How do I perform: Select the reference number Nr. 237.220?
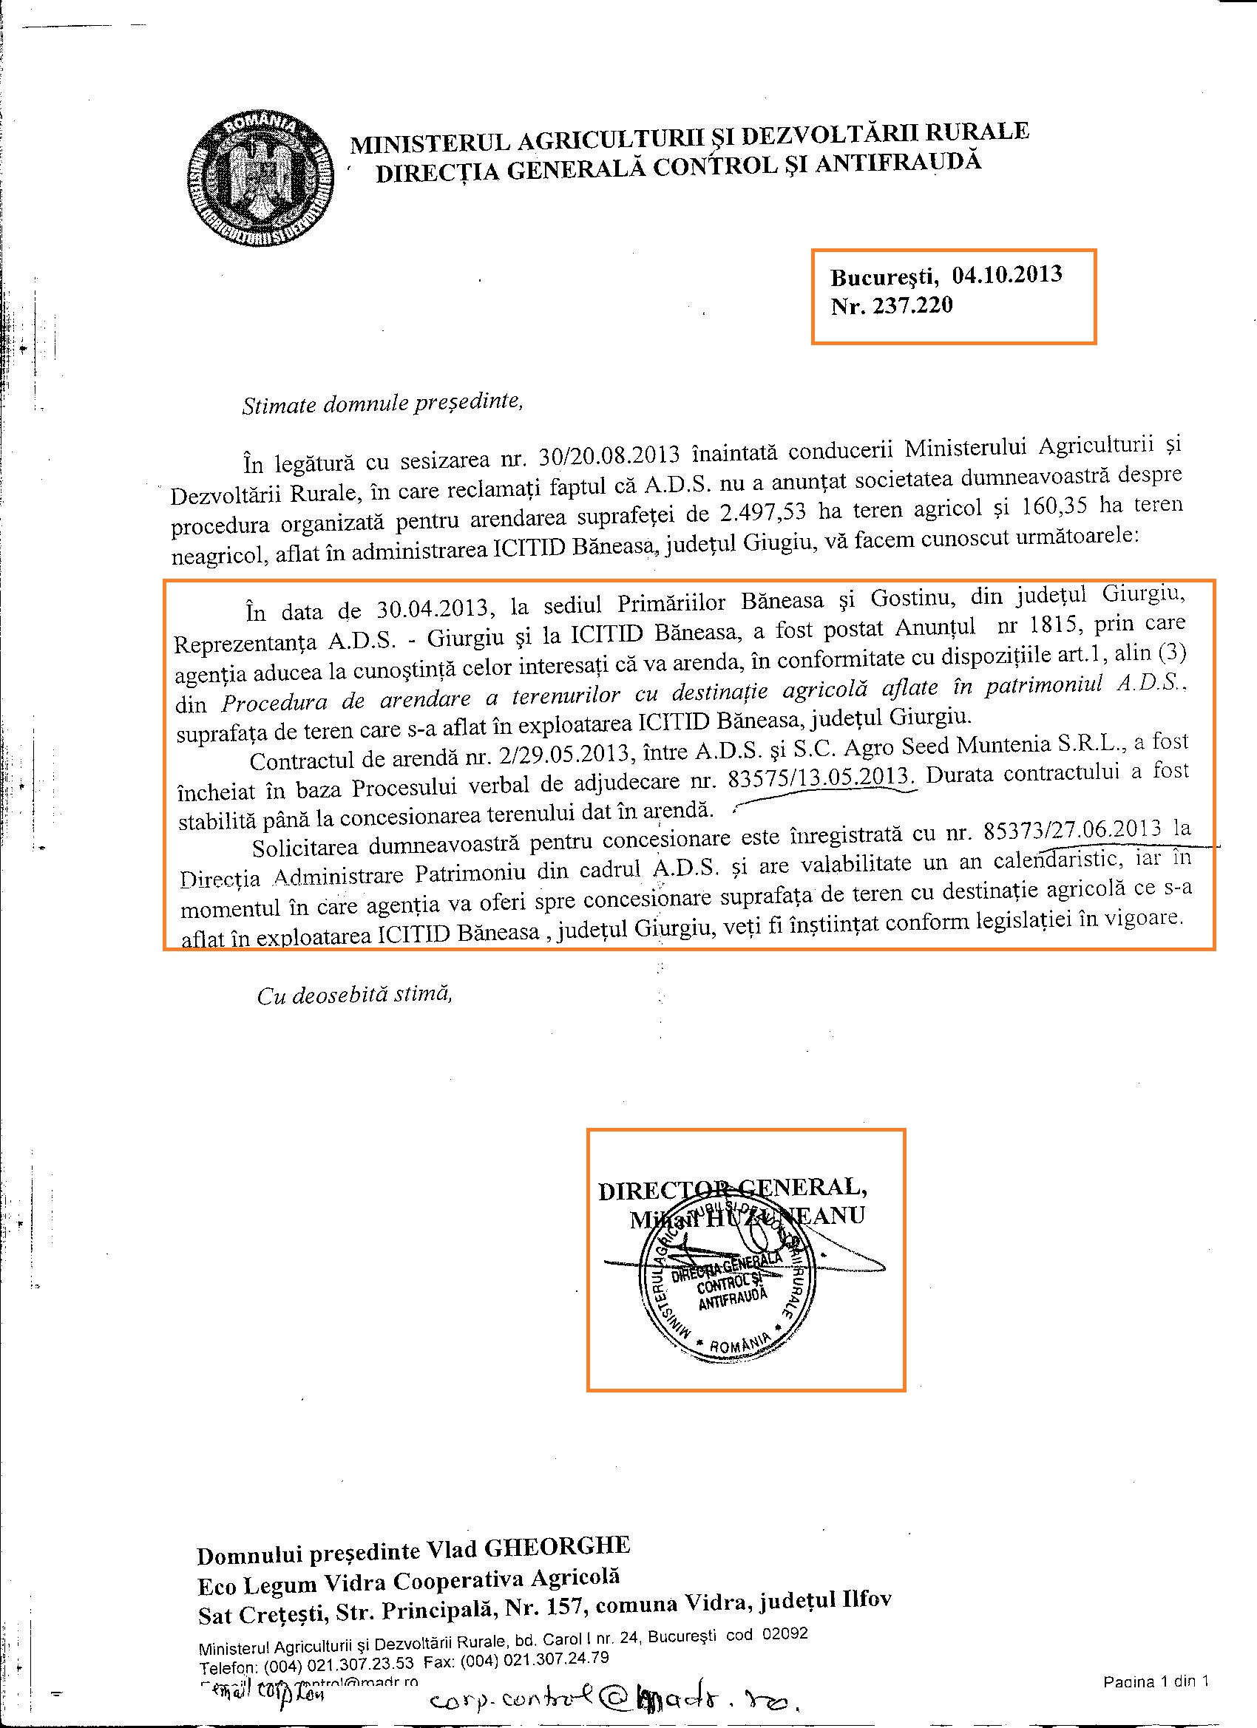coord(891,306)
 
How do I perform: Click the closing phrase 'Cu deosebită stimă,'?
coord(355,995)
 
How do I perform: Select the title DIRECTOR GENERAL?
coord(731,1190)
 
